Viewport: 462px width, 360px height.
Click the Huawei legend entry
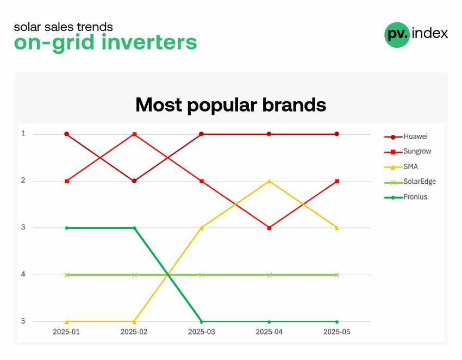pos(405,136)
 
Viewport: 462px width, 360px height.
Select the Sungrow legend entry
pos(408,152)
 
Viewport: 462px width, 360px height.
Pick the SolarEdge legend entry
pos(410,182)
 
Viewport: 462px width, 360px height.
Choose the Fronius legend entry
pos(405,197)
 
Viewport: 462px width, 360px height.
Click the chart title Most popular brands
pos(230,105)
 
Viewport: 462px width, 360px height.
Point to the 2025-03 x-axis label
pos(202,332)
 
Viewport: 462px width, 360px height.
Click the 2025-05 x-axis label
pos(337,332)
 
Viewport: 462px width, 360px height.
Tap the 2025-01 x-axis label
pos(66,332)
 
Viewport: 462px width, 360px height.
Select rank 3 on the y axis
pos(23,227)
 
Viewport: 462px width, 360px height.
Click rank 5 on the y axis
pos(23,321)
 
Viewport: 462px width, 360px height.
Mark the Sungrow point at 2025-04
pos(269,228)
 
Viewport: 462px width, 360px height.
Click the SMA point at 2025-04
pos(269,181)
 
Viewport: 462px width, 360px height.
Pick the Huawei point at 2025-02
pos(134,181)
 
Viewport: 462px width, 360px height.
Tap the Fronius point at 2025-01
pos(67,228)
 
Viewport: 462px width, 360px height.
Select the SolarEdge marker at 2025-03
pos(202,275)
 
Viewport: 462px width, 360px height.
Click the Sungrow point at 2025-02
pos(135,134)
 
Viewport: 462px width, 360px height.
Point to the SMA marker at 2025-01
pos(67,322)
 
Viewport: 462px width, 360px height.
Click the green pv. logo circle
pos(397,35)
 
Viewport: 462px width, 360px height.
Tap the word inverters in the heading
pos(149,43)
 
